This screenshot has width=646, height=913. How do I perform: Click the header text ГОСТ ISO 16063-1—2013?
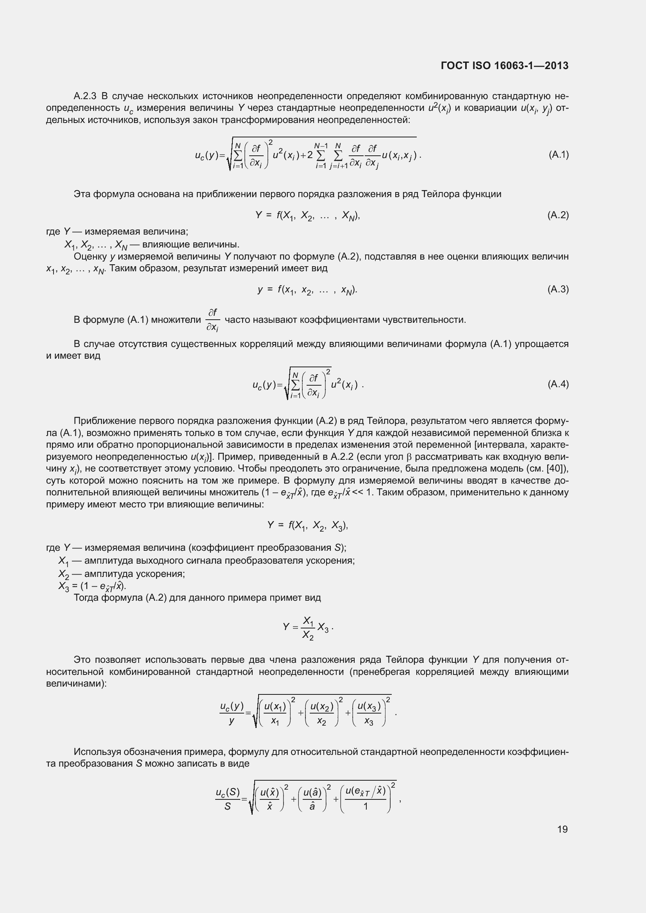point(504,66)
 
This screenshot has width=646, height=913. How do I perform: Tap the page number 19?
point(562,829)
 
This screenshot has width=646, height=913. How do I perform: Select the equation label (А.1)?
point(559,155)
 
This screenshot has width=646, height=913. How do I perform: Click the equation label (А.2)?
point(558,215)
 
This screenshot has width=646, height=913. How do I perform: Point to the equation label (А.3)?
point(558,289)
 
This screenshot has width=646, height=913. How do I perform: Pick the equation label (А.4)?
point(558,384)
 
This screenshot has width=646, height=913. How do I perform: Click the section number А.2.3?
point(85,96)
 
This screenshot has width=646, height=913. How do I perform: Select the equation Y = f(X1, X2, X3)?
point(307,526)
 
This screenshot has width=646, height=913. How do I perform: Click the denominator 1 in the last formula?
point(365,806)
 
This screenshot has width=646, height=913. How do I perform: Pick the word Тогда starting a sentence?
point(86,598)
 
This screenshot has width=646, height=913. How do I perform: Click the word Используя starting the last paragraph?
point(97,752)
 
